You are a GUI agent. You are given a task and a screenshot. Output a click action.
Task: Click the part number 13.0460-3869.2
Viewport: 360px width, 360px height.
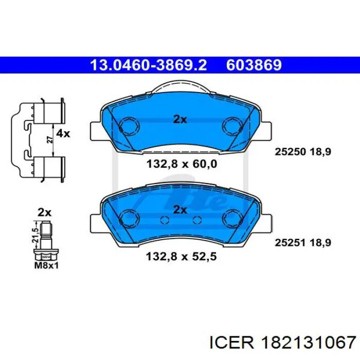(148, 65)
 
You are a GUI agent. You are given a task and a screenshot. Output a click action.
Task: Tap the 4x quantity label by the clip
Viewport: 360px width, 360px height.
(63, 134)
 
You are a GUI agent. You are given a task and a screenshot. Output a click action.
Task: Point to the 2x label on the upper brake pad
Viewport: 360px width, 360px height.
(179, 119)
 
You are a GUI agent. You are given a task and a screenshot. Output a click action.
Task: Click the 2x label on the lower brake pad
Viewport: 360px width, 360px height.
(179, 209)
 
